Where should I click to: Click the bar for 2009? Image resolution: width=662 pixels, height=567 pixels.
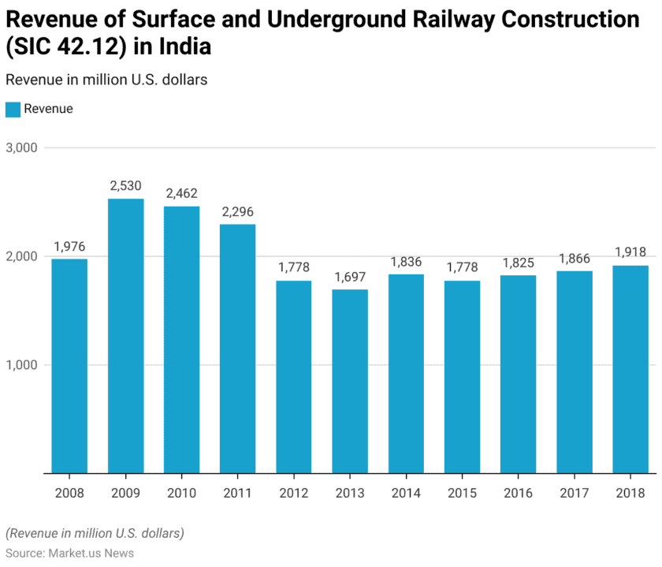[125, 336]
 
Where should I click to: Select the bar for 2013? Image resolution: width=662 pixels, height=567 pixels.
[350, 381]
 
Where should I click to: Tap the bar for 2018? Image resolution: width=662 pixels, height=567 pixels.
[630, 369]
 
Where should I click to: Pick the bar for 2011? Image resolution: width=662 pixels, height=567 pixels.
[237, 349]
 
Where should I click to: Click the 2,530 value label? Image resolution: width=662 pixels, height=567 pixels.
[125, 186]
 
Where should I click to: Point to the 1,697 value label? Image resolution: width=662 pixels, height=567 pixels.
[350, 277]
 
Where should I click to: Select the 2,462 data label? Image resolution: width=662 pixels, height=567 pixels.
[181, 193]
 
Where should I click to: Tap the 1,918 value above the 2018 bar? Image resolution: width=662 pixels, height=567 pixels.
[630, 252]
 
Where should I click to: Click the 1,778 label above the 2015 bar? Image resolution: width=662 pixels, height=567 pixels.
[462, 268]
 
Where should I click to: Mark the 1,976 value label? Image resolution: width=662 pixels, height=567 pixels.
[69, 246]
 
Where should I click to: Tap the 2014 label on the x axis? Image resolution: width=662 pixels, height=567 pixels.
[406, 493]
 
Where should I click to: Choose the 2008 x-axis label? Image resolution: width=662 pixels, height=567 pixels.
[69, 493]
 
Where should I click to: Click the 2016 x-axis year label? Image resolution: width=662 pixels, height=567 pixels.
[518, 493]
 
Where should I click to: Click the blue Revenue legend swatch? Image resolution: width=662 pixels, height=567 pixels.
[13, 110]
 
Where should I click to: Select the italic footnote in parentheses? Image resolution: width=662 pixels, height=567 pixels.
[95, 533]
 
